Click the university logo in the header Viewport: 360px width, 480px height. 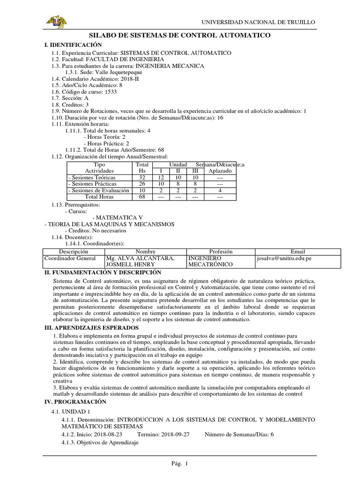(x=56, y=22)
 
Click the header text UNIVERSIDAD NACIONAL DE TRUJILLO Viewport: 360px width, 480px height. (x=258, y=22)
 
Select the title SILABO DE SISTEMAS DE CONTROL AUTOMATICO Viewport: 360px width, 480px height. (x=180, y=36)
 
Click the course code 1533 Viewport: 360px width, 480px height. (x=110, y=92)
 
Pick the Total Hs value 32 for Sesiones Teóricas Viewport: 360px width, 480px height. (x=142, y=178)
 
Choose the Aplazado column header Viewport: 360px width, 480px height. (x=219, y=172)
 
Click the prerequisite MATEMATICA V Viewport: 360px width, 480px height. (x=118, y=218)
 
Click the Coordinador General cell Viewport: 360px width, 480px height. (x=70, y=258)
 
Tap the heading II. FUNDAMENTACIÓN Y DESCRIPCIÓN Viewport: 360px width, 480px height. (x=102, y=272)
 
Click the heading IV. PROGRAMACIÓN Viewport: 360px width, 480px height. (x=75, y=402)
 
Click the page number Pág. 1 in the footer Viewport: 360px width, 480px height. (x=180, y=464)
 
